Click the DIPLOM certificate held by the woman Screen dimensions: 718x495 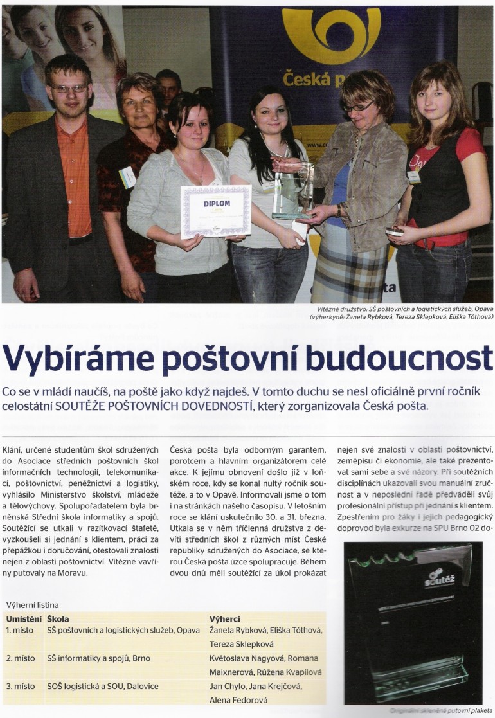[215, 211]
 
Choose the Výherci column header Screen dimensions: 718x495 [225, 618]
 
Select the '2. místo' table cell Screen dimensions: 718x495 [21, 658]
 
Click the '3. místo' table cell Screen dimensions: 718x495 [21, 687]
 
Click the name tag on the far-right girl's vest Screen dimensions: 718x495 [414, 176]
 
